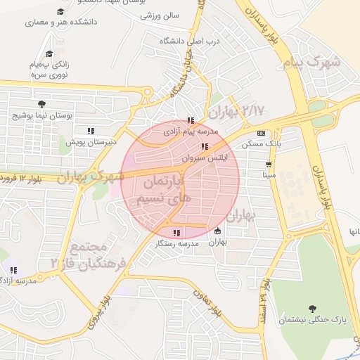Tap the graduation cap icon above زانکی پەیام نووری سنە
(49, 54)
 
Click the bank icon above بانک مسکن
(261, 133)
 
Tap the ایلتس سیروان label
(204, 158)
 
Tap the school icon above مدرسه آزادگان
(13, 270)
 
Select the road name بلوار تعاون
(215, 304)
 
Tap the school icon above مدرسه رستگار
(176, 233)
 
